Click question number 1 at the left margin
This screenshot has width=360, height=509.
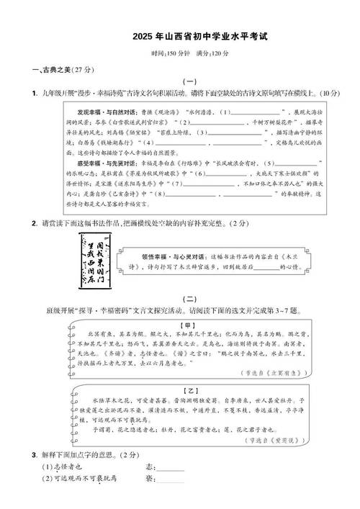(35, 94)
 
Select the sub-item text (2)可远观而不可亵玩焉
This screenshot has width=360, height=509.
(79, 479)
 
